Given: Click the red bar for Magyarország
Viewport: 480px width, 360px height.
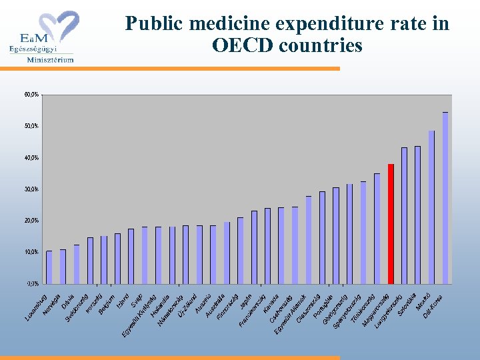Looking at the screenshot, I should coord(391,223).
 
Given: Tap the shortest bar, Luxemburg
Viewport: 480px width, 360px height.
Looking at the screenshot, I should coord(49,267).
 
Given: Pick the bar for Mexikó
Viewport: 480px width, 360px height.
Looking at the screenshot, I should coord(431,207).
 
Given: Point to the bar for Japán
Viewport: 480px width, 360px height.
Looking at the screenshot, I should coord(254,247).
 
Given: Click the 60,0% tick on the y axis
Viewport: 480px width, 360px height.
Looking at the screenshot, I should coord(32,95).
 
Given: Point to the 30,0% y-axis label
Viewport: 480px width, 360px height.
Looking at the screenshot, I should coord(32,189).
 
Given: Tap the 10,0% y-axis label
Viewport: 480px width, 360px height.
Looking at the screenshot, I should coord(32,252).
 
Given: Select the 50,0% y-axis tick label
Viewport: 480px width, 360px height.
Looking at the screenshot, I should coord(32,126).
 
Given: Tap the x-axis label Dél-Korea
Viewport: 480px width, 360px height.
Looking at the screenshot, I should coord(435,306).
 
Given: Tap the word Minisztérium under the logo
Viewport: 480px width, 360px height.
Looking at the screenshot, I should coord(50,59).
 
